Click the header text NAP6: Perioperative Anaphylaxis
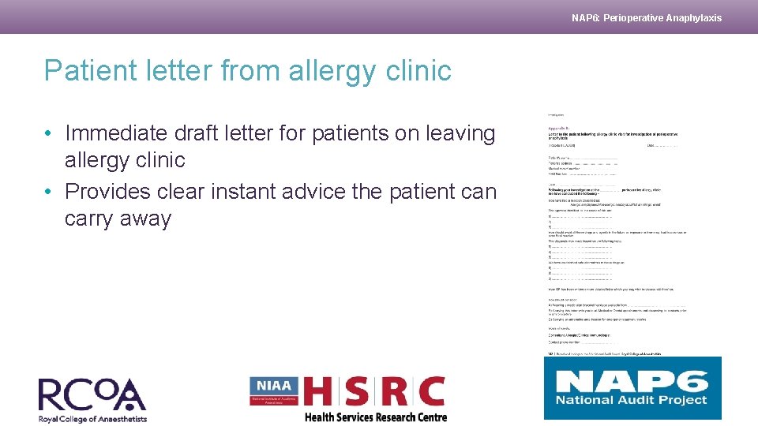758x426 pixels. [x=646, y=18]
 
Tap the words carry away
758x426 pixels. [x=118, y=219]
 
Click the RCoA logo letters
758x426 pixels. [x=92, y=394]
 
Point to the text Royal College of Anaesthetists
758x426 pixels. [x=92, y=418]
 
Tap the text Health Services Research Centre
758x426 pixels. [x=375, y=417]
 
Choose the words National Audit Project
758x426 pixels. [x=632, y=400]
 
